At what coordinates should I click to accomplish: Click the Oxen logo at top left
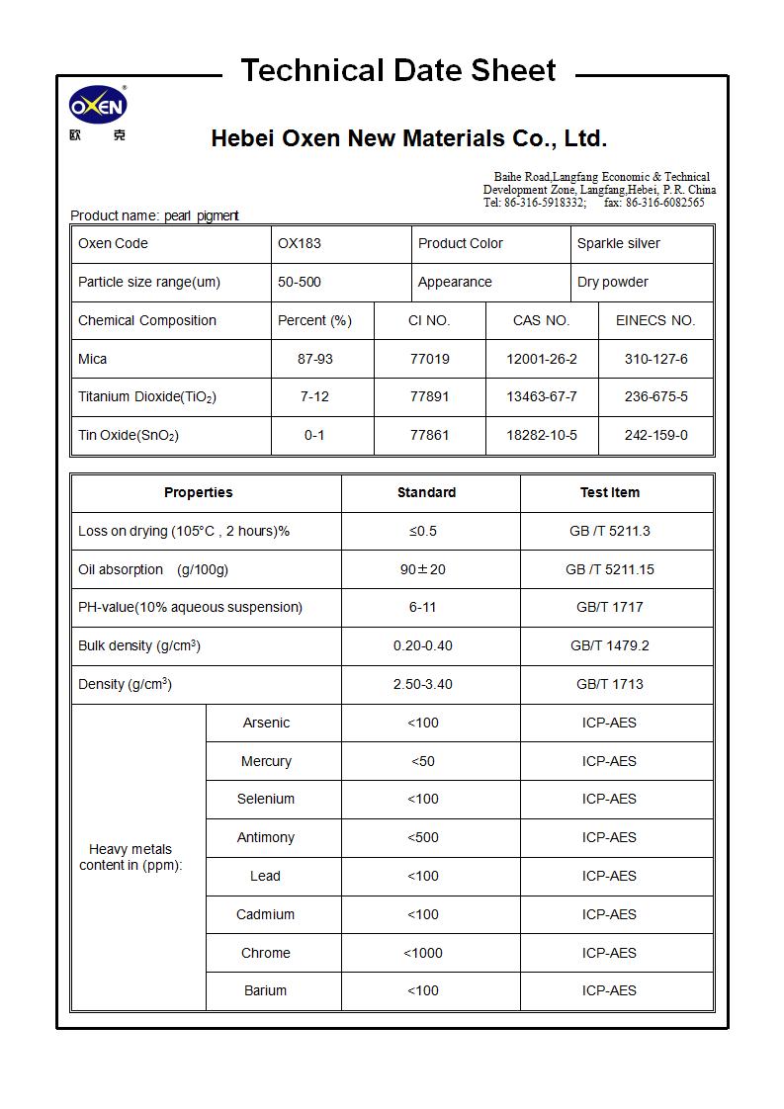tap(98, 107)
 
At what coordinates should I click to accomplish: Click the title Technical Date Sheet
tap(398, 70)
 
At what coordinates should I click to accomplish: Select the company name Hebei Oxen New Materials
tap(408, 138)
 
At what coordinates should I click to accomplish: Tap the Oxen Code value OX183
tap(300, 243)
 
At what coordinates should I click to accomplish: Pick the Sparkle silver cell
tap(619, 243)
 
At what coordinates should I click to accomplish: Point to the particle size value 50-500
tap(300, 282)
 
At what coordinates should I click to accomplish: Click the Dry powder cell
tap(613, 282)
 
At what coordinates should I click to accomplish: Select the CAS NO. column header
tap(541, 320)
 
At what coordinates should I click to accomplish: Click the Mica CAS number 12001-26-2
tap(541, 359)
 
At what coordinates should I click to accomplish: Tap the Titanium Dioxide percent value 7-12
tap(314, 396)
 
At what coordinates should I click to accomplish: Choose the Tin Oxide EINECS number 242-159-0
tap(655, 435)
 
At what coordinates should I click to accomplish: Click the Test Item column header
tap(609, 492)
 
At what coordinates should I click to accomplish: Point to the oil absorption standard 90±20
tap(423, 569)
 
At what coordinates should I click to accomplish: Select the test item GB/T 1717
tap(609, 607)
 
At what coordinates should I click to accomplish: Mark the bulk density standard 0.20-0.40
tap(423, 645)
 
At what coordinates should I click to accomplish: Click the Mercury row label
tap(266, 761)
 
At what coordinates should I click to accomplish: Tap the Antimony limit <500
tap(423, 837)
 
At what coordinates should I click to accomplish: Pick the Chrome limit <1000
tap(423, 953)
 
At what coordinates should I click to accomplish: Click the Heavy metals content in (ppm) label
tap(131, 857)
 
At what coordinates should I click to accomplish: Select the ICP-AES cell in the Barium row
tap(609, 990)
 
